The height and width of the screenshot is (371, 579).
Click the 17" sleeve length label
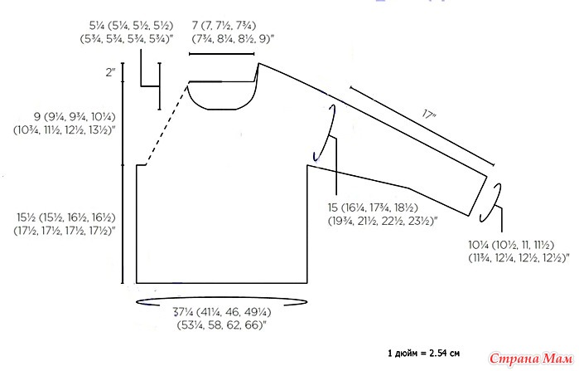[x=429, y=115]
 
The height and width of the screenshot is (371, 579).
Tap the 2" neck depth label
[x=110, y=72]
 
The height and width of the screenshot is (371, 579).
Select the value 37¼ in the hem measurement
[x=181, y=312]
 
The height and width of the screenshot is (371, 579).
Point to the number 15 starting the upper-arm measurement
[x=333, y=207]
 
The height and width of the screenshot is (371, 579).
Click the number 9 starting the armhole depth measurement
[x=37, y=117]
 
